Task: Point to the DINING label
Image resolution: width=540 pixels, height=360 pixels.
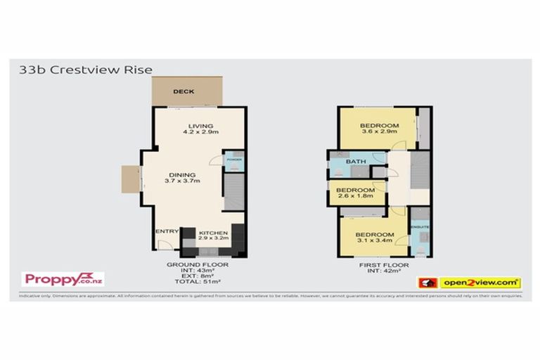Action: [182, 174]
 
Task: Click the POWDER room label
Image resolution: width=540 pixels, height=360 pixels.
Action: [233, 160]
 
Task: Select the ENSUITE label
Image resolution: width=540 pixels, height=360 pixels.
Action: [420, 227]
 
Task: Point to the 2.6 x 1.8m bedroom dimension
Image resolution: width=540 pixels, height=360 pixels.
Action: [354, 198]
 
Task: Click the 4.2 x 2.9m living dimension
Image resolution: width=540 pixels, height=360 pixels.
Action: [200, 132]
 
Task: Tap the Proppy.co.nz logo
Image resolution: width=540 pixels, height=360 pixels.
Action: [64, 279]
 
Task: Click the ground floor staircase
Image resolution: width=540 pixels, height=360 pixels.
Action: [233, 189]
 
